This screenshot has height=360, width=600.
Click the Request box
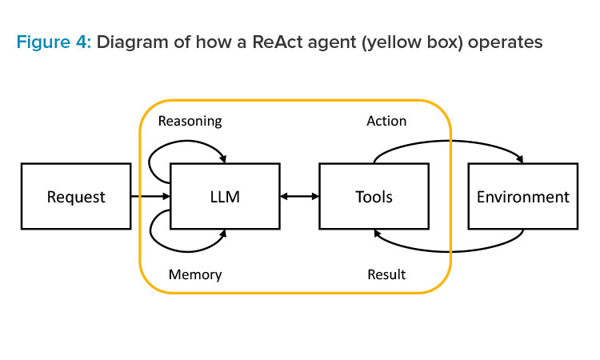coord(76,196)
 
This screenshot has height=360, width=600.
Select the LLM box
coord(225,196)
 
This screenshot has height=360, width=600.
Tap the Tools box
coord(374,196)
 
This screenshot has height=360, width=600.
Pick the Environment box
coord(523,196)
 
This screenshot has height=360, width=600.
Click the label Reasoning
coord(190,122)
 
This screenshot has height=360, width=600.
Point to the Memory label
coord(195,274)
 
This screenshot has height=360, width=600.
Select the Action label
coord(386,121)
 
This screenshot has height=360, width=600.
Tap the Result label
coord(386,274)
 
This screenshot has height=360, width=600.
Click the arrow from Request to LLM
coord(150,196)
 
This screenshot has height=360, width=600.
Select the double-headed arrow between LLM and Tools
coord(300,196)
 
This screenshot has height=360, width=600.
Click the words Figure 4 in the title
coord(54,42)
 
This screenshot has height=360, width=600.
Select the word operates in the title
coord(505,43)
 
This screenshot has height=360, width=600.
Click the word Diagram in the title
coord(132,42)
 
